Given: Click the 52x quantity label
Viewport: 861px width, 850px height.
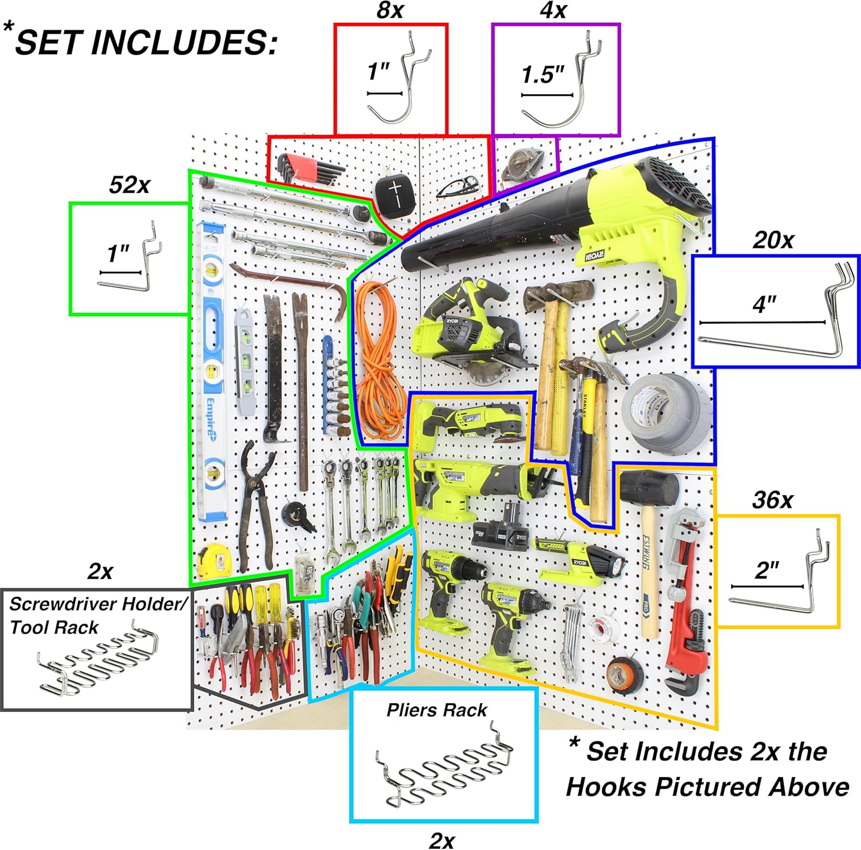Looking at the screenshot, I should (x=130, y=185).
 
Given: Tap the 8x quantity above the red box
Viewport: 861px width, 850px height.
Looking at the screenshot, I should (x=390, y=10).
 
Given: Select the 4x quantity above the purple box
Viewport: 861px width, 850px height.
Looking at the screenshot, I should (x=553, y=10).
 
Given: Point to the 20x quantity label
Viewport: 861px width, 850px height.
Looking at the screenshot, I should (x=773, y=240).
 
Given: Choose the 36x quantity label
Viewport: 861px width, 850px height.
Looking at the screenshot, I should (x=773, y=500).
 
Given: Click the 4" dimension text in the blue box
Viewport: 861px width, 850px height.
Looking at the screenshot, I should (x=765, y=304).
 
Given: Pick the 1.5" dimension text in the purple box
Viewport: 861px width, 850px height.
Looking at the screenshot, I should (x=542, y=75).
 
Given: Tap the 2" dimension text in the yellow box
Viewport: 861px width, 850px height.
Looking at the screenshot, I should (x=767, y=570).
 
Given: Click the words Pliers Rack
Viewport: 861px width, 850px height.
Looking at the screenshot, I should (x=436, y=710).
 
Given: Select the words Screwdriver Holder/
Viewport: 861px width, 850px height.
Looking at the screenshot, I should (x=98, y=604).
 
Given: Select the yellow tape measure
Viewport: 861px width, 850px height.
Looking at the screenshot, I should (x=214, y=561).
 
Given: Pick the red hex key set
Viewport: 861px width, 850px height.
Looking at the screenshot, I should (x=307, y=169).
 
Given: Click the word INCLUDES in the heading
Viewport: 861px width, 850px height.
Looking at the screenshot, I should (x=184, y=42).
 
